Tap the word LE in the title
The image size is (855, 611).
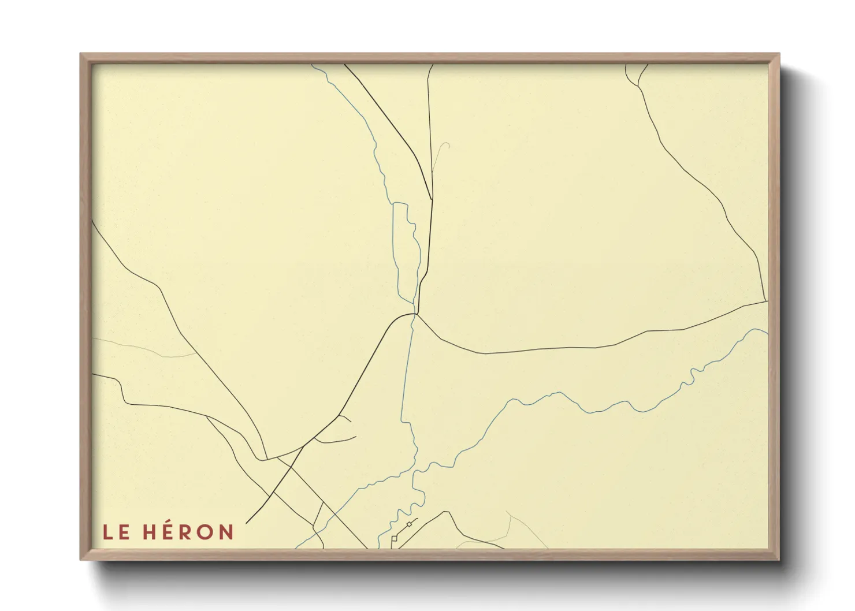coord(116,532)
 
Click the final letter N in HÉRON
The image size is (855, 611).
coord(225,532)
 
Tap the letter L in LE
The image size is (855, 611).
coord(107,532)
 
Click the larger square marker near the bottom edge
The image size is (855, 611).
coord(395,538)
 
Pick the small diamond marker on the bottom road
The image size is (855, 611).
coord(409,524)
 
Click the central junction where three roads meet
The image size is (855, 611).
coord(416,314)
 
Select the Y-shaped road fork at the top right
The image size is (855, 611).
coord(638,86)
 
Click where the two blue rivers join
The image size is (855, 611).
coord(414,471)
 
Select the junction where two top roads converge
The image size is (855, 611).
coord(432,199)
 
